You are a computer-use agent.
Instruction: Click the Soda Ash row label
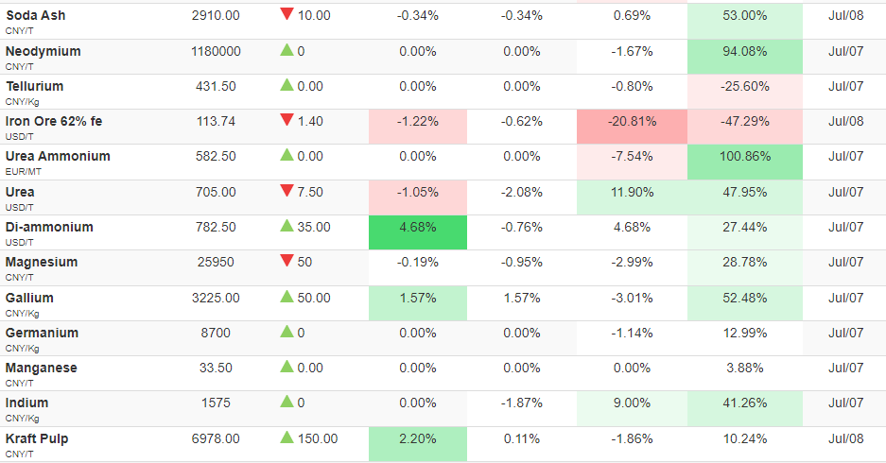(36, 16)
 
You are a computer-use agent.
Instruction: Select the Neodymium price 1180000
(216, 51)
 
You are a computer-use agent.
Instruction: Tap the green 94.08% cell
(745, 57)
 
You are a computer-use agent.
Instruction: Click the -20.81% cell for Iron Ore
(632, 127)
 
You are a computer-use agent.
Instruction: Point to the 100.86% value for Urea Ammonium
(745, 157)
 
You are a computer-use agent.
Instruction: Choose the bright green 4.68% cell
(418, 232)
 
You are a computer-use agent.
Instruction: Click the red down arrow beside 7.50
(287, 191)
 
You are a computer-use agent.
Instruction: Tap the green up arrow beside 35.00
(287, 226)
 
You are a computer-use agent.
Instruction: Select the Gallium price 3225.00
(216, 299)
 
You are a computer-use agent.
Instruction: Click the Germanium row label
(42, 334)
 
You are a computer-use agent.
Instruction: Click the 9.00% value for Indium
(632, 403)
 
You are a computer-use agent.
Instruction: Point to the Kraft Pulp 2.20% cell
(418, 444)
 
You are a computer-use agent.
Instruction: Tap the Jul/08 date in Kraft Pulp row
(846, 438)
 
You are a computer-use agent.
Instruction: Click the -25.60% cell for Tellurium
(745, 92)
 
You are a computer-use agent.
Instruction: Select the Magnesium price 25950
(216, 263)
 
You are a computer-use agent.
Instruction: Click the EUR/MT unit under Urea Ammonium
(24, 172)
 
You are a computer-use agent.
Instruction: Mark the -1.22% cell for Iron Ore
(418, 127)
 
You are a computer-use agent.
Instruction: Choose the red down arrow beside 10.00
(287, 14)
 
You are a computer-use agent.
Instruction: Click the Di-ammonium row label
(49, 227)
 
